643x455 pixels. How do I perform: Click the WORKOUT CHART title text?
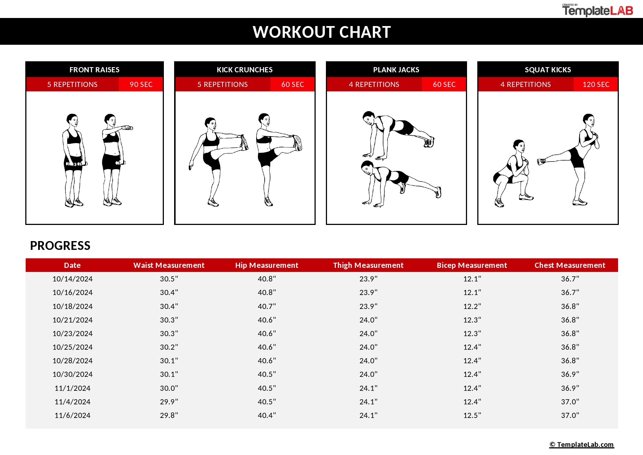click(x=321, y=32)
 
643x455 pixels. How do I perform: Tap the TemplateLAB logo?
click(x=598, y=10)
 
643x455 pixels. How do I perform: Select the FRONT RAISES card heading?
click(x=94, y=70)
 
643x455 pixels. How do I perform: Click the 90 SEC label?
click(x=141, y=84)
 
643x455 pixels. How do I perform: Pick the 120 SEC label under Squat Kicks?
click(x=596, y=84)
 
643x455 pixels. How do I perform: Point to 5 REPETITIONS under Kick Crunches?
click(x=223, y=84)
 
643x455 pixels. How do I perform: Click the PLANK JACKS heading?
click(x=396, y=70)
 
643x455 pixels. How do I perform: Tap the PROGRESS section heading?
click(x=60, y=245)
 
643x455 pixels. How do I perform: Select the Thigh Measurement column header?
click(x=368, y=265)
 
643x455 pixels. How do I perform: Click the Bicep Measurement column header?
click(x=472, y=265)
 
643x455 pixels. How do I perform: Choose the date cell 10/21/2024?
click(x=72, y=320)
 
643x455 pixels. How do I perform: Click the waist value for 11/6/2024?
click(x=169, y=415)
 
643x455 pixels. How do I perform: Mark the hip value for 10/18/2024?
click(x=267, y=306)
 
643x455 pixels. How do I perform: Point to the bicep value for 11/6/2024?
click(x=472, y=415)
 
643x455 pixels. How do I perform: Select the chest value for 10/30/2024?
click(x=570, y=374)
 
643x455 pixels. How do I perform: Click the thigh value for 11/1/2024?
click(x=368, y=388)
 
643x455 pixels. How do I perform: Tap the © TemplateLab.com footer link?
click(x=581, y=444)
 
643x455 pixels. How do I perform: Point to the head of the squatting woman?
click(x=519, y=145)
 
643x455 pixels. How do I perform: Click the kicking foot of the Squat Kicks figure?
click(x=541, y=161)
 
